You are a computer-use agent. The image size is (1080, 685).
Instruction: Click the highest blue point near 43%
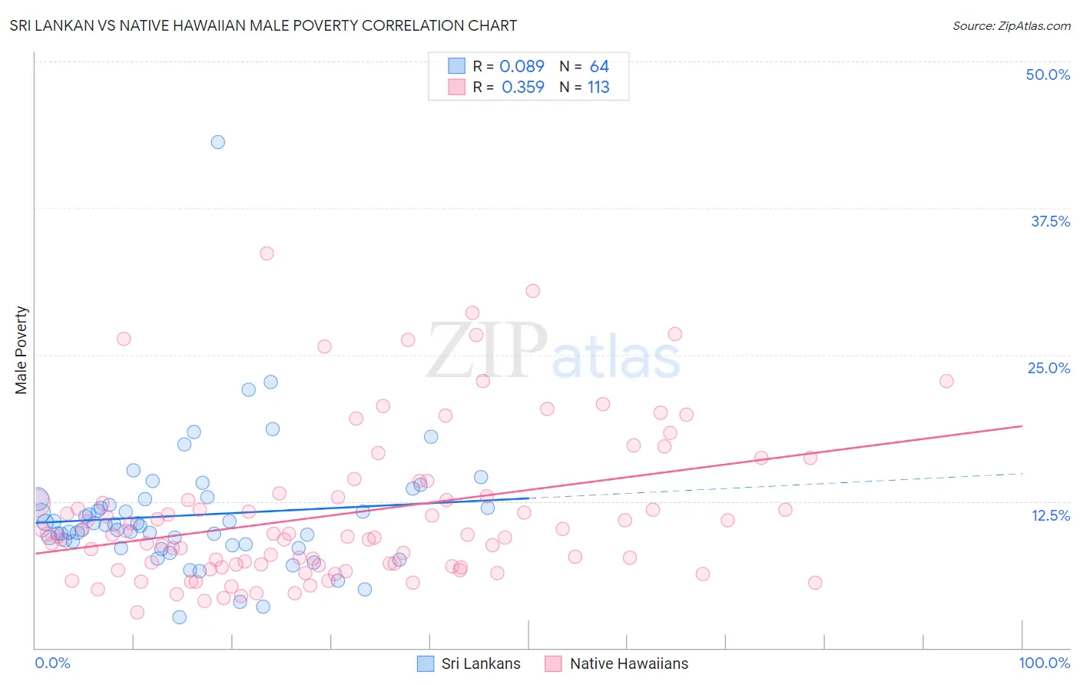coord(218,142)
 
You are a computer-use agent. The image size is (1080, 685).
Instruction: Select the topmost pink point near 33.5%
coord(267,253)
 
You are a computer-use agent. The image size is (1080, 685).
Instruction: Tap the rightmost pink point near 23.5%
coord(946,381)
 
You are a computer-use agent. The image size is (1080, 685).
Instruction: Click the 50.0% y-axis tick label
coord(1048,74)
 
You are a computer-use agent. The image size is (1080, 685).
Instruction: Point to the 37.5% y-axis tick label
coord(1050,221)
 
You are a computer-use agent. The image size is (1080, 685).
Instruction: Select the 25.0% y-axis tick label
coord(1049,368)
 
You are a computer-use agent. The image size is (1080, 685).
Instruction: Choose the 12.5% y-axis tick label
coord(1050,515)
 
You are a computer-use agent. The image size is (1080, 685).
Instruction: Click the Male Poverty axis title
coord(22,350)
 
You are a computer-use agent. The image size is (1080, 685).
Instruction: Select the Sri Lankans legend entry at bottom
coord(469,663)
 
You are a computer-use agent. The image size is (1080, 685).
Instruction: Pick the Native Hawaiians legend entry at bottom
coord(616,663)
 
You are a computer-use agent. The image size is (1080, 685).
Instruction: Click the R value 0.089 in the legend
coord(522,67)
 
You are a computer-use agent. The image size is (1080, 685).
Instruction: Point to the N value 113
coord(598,88)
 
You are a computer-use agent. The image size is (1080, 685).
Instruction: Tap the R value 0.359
coord(522,88)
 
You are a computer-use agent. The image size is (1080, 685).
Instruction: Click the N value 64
coord(599,67)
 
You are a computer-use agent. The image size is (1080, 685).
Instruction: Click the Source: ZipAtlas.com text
coord(1011,26)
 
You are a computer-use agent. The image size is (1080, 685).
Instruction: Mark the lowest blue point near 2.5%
coord(179,617)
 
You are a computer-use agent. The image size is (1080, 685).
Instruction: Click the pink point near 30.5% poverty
coord(533,291)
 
